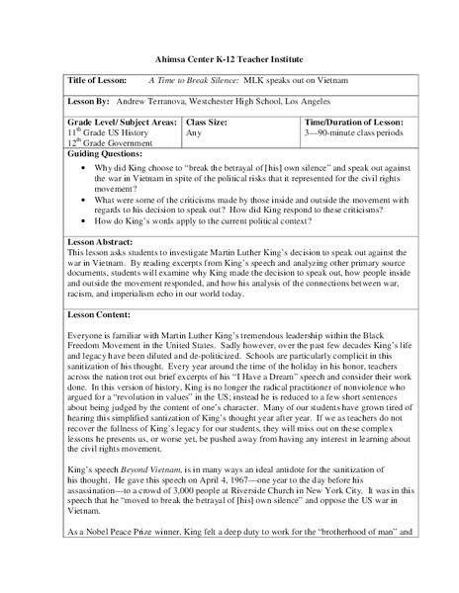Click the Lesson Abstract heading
103,240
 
